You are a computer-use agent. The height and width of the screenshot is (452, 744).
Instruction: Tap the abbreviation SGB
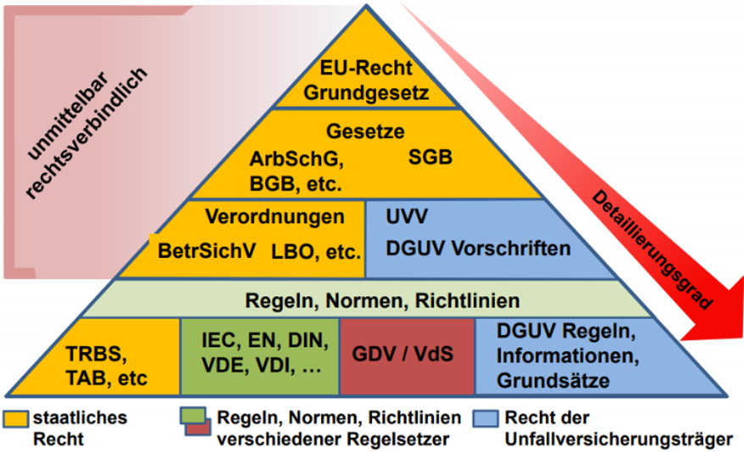(430, 157)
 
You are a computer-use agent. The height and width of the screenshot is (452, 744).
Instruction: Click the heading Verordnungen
(275, 217)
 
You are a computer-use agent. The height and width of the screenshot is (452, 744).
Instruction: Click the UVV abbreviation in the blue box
(406, 218)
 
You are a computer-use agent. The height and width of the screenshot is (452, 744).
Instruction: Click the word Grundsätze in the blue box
(552, 381)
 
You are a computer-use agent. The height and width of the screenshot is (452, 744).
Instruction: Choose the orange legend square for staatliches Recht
(16, 418)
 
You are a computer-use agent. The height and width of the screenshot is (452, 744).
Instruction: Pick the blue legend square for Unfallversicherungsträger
(487, 417)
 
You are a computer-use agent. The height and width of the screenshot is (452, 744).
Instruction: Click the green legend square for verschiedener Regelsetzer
(190, 415)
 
